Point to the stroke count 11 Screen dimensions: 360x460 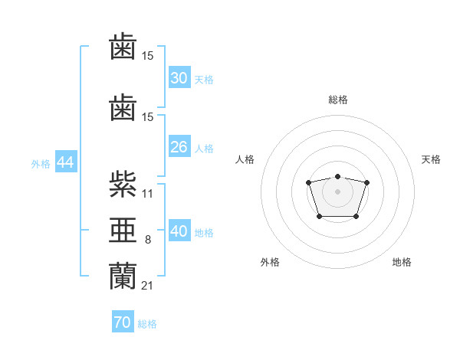[148, 193]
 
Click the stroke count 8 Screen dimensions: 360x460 [148, 240]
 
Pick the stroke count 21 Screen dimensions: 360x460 [148, 285]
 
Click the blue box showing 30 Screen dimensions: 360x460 [179, 77]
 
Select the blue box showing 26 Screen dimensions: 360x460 [179, 147]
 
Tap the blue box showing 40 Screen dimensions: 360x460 [179, 231]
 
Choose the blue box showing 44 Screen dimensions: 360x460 [65, 162]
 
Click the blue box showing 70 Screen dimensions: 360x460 [122, 322]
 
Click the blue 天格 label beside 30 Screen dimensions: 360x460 [203, 79]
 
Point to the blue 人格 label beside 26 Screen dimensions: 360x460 [203, 149]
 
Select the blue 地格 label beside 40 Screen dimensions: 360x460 [203, 233]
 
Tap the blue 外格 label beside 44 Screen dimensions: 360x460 [41, 164]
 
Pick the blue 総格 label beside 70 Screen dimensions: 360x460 [147, 324]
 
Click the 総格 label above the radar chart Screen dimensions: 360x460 [337, 100]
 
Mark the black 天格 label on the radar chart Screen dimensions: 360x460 [431, 159]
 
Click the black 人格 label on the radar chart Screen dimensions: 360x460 [245, 159]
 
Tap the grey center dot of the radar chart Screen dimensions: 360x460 [337, 191]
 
